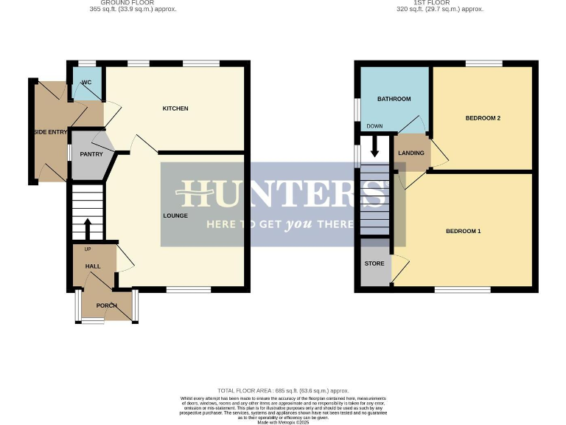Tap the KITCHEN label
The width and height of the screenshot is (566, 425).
coord(175,108)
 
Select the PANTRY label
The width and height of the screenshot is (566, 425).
coord(91,154)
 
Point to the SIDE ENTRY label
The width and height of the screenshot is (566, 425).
coord(49,132)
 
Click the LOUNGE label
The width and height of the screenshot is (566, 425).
coord(175,215)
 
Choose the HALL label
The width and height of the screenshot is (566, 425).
coord(93,266)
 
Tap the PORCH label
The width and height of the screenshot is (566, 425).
coord(107,305)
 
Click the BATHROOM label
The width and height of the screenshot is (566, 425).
coord(394,99)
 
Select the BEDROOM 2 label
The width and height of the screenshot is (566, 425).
coord(483,118)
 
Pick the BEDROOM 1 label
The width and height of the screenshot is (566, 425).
coord(463,231)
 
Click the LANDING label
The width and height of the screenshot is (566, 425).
coord(410,153)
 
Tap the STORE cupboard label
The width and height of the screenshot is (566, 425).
coord(374,263)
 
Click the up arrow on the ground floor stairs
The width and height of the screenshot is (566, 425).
coord(88,228)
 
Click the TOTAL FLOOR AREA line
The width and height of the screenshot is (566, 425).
coord(283,390)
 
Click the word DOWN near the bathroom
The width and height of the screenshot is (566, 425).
coord(374,126)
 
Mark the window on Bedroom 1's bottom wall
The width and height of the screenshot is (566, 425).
coord(463,290)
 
